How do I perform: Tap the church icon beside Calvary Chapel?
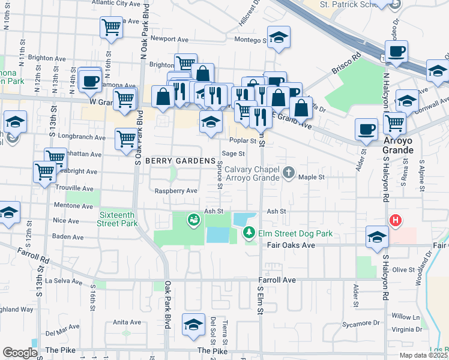pos(289,173)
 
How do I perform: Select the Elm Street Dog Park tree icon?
pos(247,232)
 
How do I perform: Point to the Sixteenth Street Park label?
pos(117,219)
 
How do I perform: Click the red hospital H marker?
pos(395,221)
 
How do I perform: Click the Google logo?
pos(20,353)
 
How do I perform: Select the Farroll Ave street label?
pos(277,280)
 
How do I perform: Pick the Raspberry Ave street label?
pos(176,191)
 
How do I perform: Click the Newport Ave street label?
pos(170,39)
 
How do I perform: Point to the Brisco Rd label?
pos(347,65)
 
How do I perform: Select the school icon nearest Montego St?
pos(278,37)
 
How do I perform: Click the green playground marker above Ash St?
pos(193,220)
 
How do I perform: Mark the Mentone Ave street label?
pos(74,205)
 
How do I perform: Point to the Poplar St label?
pos(243,141)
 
